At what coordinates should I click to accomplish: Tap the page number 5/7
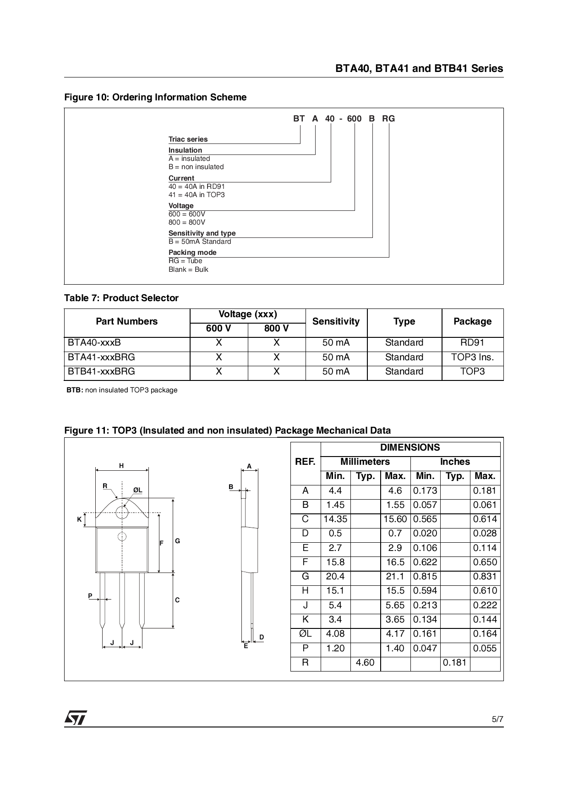497,719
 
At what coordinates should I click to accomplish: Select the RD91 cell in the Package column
472,342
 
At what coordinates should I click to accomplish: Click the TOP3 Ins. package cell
472,357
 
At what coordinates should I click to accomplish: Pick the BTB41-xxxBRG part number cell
102,371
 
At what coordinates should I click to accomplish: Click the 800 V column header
276,328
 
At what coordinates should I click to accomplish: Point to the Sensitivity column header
336,321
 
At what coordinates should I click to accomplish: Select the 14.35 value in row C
335,519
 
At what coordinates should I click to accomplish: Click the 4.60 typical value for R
365,663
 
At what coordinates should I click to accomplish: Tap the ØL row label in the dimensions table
305,634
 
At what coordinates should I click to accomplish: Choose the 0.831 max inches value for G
485,577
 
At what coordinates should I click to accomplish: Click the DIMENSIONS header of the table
410,447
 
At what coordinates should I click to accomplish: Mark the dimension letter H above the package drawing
121,466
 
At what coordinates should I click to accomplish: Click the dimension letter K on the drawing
79,519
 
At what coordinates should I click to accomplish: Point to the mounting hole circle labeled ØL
122,512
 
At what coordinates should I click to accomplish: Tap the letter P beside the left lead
90,596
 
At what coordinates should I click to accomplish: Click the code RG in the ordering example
388,119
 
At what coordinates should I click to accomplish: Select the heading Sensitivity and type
202,233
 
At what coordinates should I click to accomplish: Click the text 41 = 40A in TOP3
197,195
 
